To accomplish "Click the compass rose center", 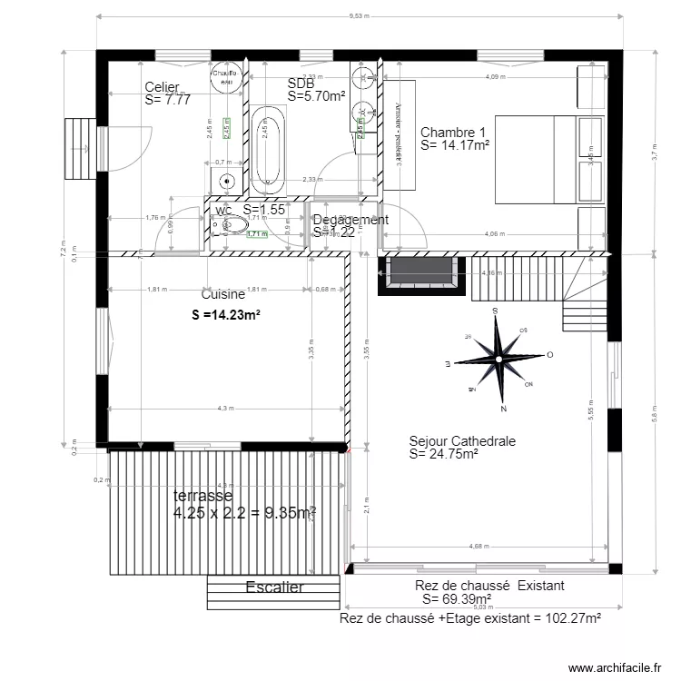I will [498, 360].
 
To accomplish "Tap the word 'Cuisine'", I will [222, 295].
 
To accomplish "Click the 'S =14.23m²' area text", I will [226, 316].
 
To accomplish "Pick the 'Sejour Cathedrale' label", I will [462, 441].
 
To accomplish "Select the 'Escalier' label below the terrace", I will [274, 587].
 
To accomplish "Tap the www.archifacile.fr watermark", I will [615, 668].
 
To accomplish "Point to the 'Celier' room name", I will [163, 87].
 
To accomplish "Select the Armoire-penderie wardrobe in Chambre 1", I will [399, 134].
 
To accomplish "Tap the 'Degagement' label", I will [350, 220].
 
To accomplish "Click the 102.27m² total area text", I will [469, 618].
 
